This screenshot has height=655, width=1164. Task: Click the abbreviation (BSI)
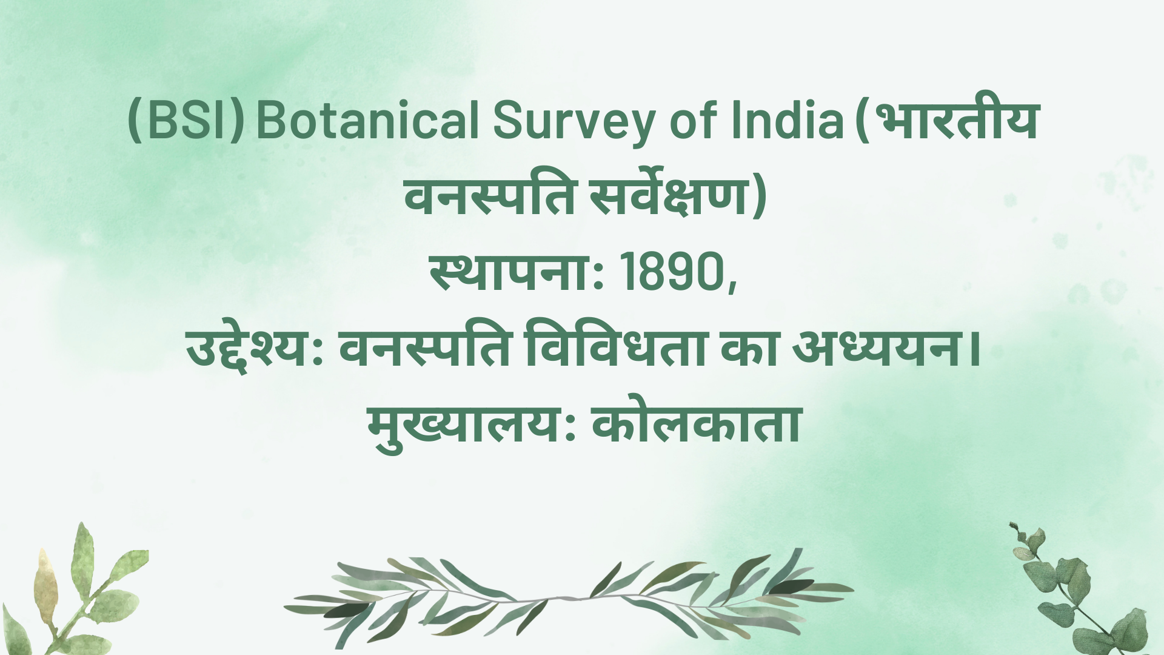(x=187, y=120)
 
